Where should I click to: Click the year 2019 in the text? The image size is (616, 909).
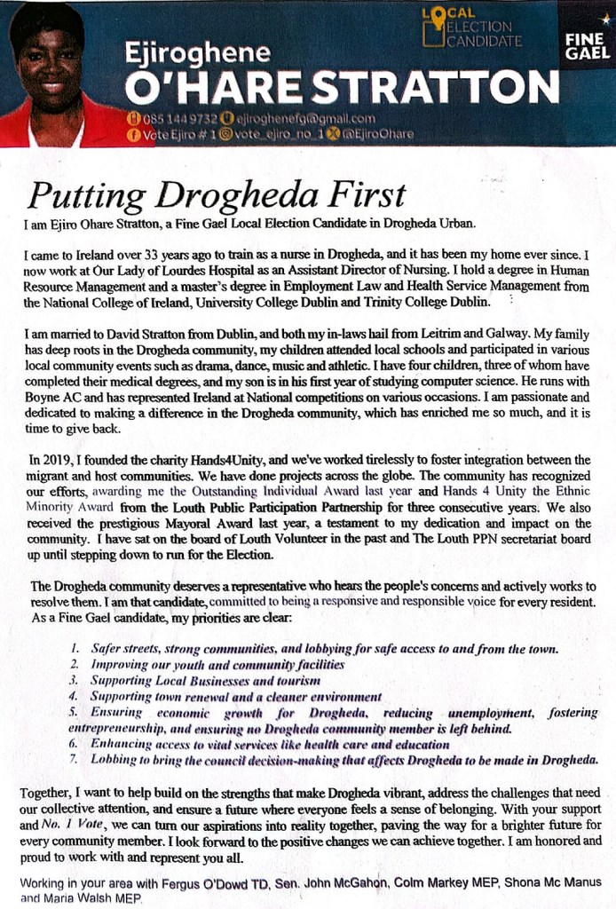click(x=58, y=460)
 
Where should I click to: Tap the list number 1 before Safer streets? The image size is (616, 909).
click(x=75, y=649)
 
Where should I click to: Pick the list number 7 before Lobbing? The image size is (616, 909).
click(x=74, y=760)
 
